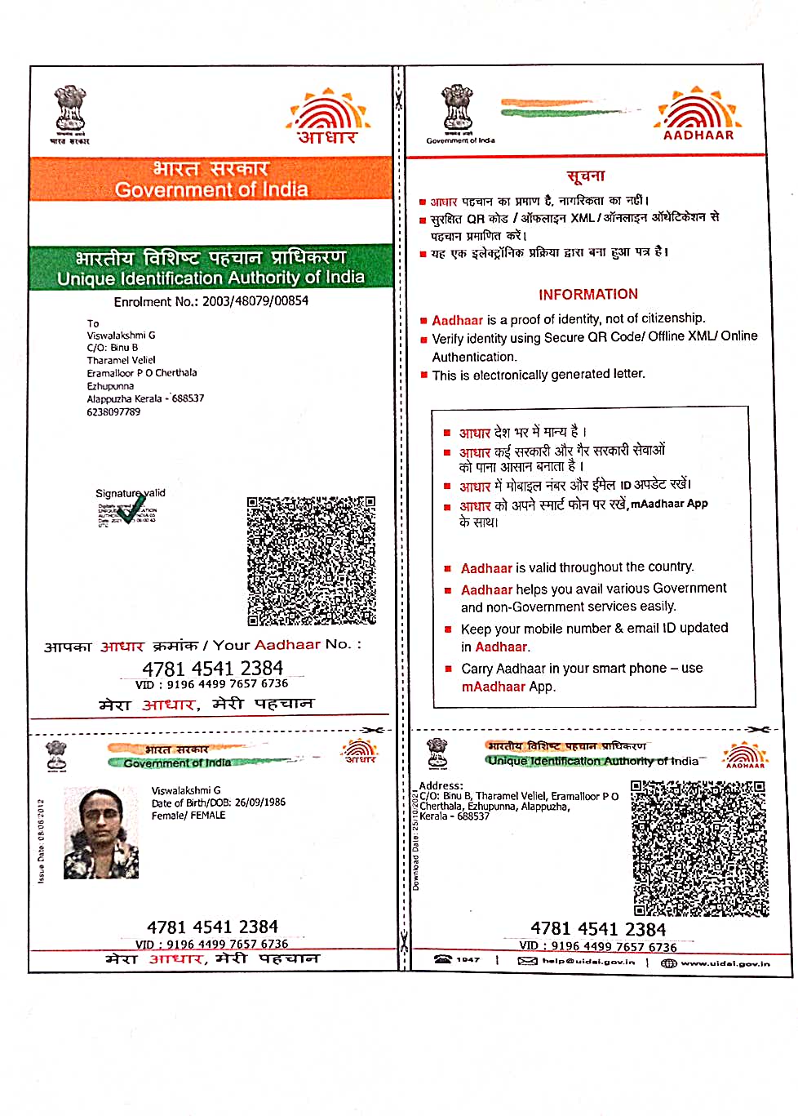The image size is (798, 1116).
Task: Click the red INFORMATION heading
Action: click(x=587, y=294)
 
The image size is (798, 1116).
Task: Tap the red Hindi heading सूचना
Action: click(x=586, y=176)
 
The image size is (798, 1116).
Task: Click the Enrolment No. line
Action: click(x=211, y=301)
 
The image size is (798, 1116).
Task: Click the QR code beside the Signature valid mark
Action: click(x=311, y=560)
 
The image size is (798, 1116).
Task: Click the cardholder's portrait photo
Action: click(x=101, y=833)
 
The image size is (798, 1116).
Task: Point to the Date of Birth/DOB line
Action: click(x=219, y=803)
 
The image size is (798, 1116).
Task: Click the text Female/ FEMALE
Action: click(x=188, y=816)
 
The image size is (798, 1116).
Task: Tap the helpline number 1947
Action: click(x=468, y=960)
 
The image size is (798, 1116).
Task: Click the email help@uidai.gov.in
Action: click(x=587, y=961)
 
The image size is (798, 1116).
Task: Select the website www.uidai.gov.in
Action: click(x=725, y=963)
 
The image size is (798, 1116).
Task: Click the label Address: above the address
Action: click(x=441, y=785)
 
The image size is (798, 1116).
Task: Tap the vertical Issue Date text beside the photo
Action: click(x=41, y=841)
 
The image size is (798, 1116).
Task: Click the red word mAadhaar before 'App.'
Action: click(x=493, y=687)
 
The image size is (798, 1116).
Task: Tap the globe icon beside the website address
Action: click(x=668, y=963)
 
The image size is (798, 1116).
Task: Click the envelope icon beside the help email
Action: click(x=527, y=961)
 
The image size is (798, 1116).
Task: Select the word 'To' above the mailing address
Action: click(x=93, y=323)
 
